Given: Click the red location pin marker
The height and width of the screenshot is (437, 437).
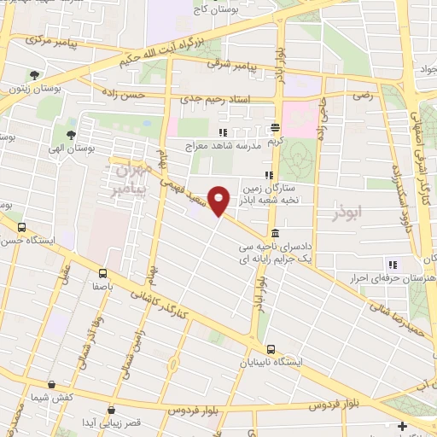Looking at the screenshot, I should click(x=219, y=201).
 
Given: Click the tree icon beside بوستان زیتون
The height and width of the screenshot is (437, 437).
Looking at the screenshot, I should click(x=33, y=76).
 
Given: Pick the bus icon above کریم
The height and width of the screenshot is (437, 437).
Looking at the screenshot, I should click(x=275, y=126).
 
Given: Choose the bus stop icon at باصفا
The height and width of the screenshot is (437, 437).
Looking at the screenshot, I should click(x=102, y=275).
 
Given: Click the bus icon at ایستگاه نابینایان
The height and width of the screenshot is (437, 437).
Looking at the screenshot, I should click(x=271, y=349).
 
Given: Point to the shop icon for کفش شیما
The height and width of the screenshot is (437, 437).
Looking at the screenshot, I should click(x=52, y=385).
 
